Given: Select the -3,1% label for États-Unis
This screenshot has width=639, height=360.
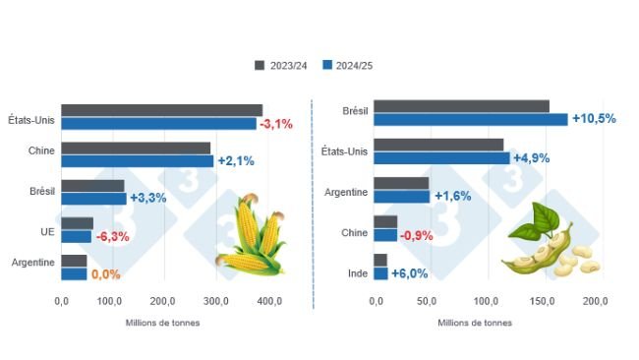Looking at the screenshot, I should pos(276,124).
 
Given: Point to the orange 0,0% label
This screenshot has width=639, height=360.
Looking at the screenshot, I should pos(105,274).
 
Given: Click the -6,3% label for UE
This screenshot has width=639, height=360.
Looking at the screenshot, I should pos(112,236).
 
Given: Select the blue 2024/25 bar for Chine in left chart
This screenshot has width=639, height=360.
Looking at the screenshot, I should pos(137,161).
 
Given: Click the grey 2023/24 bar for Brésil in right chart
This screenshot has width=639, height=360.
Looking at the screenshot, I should pos(461,106).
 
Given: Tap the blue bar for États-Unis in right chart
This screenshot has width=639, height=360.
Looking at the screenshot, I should pos(441,157).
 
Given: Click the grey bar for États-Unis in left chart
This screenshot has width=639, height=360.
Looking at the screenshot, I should pos(161,110).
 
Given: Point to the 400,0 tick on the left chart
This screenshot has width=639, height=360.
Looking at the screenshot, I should pos(265,301).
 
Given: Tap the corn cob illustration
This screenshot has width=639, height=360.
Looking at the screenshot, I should pos(250,236).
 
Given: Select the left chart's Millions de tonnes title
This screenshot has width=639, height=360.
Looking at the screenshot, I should pos(163,323).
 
